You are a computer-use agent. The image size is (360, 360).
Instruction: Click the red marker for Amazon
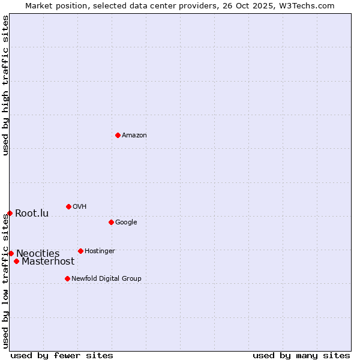tap(118, 135)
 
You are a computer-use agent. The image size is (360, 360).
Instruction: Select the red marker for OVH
tap(68, 206)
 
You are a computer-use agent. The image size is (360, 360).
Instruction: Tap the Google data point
tap(111, 222)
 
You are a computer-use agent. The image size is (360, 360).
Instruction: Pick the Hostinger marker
tap(80, 251)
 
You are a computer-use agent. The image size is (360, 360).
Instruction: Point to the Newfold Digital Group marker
tap(67, 278)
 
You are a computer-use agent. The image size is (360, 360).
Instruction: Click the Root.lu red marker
tap(10, 213)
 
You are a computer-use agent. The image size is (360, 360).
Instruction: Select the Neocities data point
tap(11, 253)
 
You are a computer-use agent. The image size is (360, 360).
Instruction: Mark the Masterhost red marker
tap(16, 261)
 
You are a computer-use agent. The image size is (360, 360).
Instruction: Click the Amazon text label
tap(134, 136)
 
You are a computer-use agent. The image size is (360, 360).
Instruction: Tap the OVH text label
tap(80, 207)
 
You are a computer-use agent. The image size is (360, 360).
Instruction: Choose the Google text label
tap(126, 223)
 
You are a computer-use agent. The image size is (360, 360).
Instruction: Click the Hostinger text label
tap(100, 251)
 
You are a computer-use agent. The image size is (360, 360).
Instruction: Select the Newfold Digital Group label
tap(106, 279)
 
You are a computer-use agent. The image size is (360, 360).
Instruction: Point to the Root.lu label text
tap(32, 214)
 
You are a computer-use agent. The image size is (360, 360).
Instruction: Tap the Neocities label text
tap(38, 254)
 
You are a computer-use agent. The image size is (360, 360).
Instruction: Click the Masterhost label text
tap(48, 262)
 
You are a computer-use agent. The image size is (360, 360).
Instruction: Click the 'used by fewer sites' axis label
tap(62, 355)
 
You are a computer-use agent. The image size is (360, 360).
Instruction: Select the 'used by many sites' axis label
tap(301, 355)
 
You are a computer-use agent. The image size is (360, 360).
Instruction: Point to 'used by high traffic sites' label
tap(5, 85)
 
